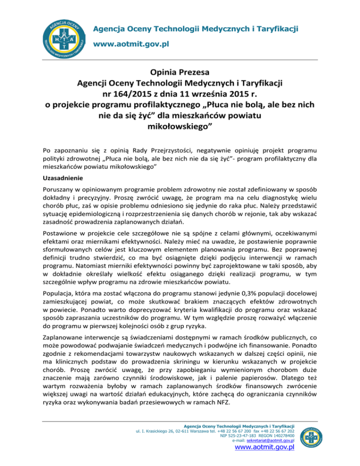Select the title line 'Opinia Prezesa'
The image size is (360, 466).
coord(180,73)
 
